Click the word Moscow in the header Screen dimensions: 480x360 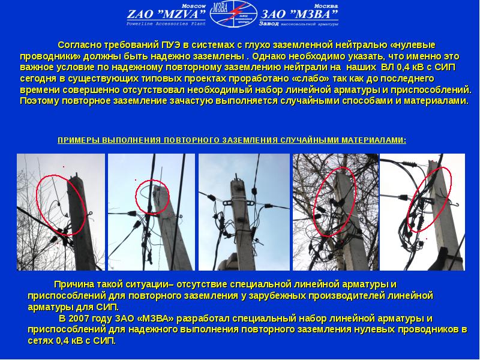coord(194,6)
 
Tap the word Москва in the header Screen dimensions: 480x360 coord(326,6)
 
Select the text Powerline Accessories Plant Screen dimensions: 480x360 coord(166,24)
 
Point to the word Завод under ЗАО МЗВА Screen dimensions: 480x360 coord(268,23)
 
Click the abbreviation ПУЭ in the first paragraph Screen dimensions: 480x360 coord(172,45)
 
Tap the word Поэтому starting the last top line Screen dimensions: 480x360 coord(40,101)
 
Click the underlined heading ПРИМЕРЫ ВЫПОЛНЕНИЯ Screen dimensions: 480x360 coord(109,140)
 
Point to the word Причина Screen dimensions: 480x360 coord(74,284)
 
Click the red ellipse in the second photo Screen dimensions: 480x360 coord(136,196)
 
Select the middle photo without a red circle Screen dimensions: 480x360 coord(244,212)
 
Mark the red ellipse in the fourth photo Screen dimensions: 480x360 coord(314,202)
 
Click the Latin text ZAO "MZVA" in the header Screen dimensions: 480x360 coord(167,14)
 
